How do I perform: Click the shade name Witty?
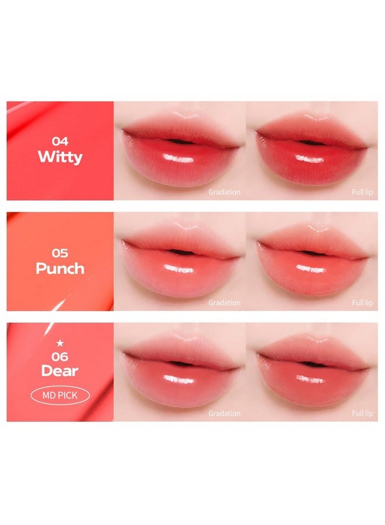pos(60,157)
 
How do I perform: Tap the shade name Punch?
pos(60,268)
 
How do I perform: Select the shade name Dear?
pos(60,370)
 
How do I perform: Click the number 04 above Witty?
pos(60,141)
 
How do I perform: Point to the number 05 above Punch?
pos(60,253)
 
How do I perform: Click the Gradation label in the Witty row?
pos(225,191)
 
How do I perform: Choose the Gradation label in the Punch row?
pos(225,303)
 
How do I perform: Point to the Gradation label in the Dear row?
pos(225,414)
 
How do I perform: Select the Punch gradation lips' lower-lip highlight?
pos(179,269)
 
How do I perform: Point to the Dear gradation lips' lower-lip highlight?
pos(179,380)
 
